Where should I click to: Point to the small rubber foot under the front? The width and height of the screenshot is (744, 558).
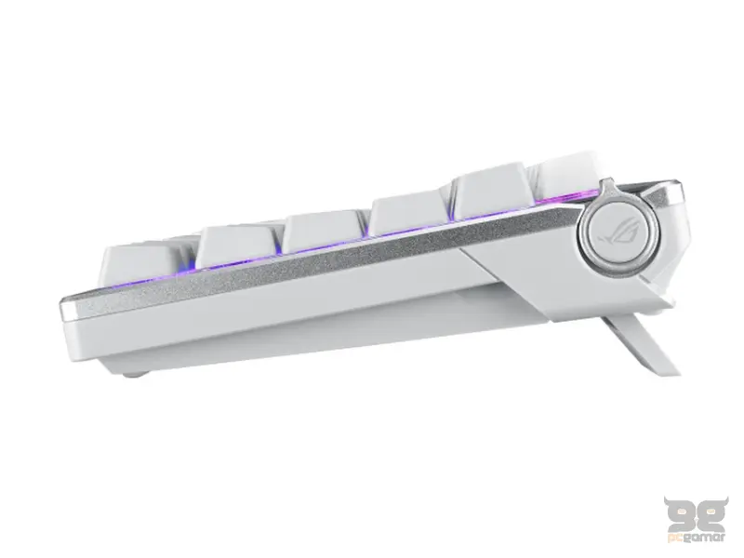point(139,374)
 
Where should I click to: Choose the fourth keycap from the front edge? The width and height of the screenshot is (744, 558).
point(408,213)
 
